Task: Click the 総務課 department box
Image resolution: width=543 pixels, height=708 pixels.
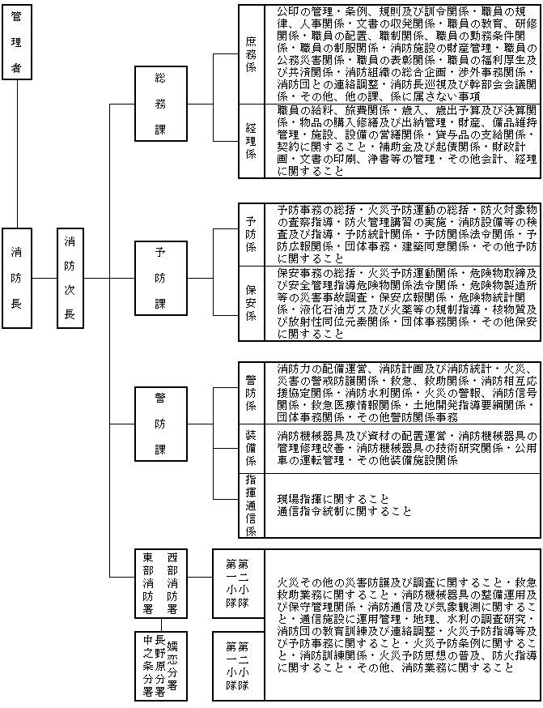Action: point(160,103)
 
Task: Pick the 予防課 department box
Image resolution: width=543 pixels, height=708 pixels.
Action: point(160,277)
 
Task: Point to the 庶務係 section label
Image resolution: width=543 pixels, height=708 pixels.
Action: point(251,53)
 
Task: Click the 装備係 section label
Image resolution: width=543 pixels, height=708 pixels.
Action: point(251,447)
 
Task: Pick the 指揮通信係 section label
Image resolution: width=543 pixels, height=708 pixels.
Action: point(251,505)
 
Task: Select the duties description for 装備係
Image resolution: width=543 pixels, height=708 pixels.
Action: point(401,447)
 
